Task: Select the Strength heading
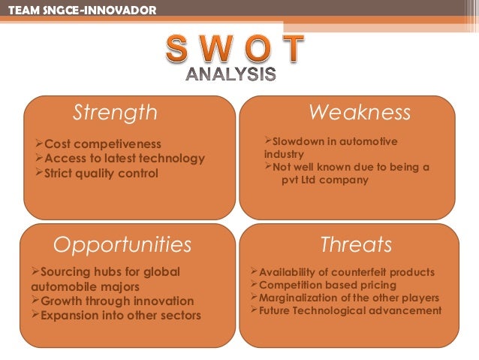[115, 113]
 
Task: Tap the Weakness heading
[360, 113]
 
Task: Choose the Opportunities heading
[122, 244]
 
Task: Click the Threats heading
[356, 244]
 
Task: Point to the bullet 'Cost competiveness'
[98, 144]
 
